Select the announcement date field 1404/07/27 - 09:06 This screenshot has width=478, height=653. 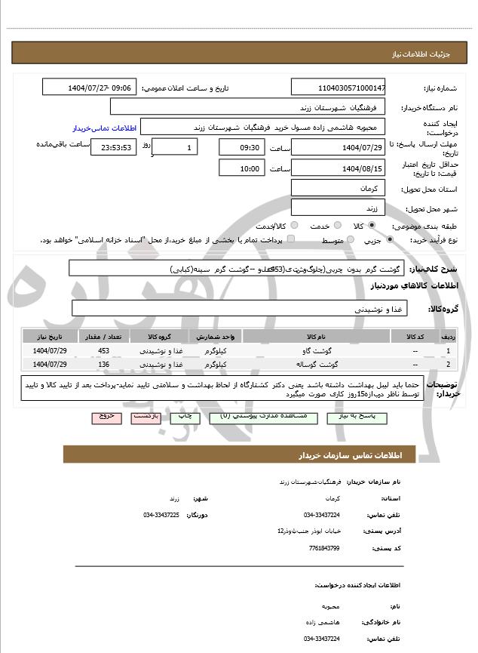(89, 88)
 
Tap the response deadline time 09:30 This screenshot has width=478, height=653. (241, 147)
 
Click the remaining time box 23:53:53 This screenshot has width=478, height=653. (113, 148)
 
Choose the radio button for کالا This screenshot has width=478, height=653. (372, 226)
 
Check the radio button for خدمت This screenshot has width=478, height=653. (336, 226)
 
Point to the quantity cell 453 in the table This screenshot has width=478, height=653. (104, 351)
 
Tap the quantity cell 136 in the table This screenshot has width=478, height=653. (104, 365)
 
